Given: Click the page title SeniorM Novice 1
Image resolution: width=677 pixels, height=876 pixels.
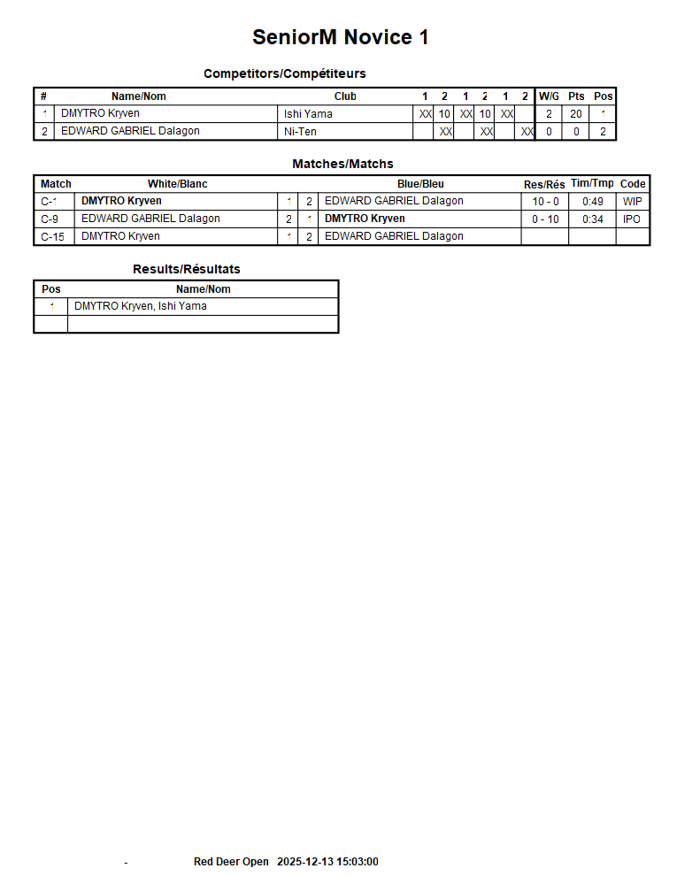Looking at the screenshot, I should tap(340, 37).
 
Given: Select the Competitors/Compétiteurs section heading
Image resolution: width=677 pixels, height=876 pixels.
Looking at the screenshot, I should tap(284, 73).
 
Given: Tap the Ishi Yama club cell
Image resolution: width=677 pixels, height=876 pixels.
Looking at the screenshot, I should tap(308, 114).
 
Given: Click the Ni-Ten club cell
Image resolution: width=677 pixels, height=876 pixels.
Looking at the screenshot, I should tap(300, 132).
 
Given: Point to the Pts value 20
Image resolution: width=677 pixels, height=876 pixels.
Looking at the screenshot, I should tap(576, 114).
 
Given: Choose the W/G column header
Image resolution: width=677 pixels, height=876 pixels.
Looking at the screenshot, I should tap(549, 96).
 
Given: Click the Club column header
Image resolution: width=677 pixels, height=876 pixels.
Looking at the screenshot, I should tap(345, 96).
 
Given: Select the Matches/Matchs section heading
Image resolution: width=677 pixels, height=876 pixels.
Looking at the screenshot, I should tap(342, 164).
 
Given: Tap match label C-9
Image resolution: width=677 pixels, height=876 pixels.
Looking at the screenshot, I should tap(50, 219).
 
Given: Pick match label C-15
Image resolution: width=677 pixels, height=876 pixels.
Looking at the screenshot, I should tap(52, 237).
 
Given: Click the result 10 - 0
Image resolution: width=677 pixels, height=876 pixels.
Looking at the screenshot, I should tap(545, 202).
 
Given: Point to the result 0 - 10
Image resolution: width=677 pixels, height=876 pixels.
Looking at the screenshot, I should tap(545, 219).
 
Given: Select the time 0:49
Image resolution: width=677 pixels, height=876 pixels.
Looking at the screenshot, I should tap(593, 202).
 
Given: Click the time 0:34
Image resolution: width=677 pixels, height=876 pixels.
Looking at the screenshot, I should tap(593, 219).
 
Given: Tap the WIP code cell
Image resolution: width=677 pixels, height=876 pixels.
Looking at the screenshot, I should tap(633, 202).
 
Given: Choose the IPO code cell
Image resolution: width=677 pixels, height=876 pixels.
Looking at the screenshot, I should tap(632, 219).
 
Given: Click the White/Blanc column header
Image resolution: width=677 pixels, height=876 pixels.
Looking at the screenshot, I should tap(178, 184).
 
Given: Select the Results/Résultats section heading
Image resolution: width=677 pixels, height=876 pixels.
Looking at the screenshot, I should tap(187, 269).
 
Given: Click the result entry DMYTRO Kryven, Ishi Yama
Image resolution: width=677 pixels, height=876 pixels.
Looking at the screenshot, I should tap(141, 307).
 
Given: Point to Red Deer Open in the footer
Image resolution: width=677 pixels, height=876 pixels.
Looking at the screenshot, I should tap(231, 862).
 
